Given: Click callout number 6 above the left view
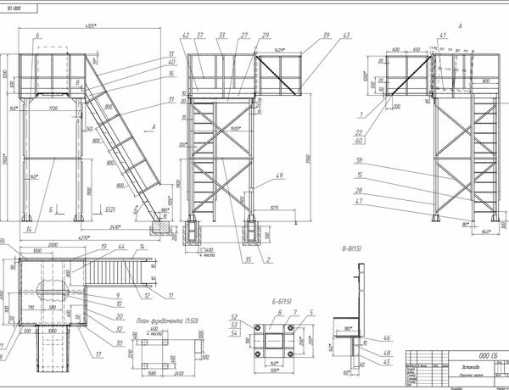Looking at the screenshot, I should pos(38,36).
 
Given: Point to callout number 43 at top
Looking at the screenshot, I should pos(347,36).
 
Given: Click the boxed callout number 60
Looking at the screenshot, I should pos(360,142).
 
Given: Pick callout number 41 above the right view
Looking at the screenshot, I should pos(442,36).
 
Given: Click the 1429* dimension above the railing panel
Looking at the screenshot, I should pos(277,52).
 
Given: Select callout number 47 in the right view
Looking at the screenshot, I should pos(360,203).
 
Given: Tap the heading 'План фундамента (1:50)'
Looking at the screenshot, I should pos(167,320).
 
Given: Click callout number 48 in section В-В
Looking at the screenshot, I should pos(388,352).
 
